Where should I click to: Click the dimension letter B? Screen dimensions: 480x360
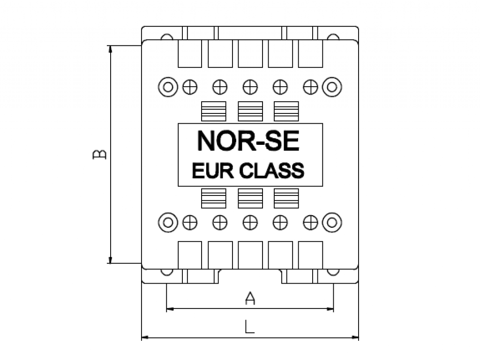tap(99, 154)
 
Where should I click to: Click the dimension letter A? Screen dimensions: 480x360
tap(250, 298)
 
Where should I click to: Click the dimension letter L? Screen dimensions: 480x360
tap(249, 327)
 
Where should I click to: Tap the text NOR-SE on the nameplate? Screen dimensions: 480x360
tap(248, 141)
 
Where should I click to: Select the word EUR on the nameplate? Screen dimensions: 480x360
tap(213, 171)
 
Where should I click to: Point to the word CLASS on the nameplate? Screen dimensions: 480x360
tap(271, 171)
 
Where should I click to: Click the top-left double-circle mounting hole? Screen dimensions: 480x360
tap(168, 87)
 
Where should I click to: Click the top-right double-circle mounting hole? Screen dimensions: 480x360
tap(332, 87)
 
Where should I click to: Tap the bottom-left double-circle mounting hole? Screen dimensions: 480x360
tap(168, 223)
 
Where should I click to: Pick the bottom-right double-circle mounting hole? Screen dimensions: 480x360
tap(332, 223)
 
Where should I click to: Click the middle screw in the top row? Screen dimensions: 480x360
tap(250, 87)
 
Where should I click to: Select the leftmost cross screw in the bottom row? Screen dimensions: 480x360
tap(190, 223)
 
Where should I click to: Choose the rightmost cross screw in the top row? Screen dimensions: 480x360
tap(310, 87)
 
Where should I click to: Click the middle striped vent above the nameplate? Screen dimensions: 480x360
tap(250, 111)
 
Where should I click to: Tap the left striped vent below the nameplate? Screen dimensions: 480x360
tap(214, 198)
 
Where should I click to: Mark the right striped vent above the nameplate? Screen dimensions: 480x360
tap(286, 111)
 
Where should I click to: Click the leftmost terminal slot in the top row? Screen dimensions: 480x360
tap(190, 53)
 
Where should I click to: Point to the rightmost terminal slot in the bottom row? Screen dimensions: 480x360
tap(310, 255)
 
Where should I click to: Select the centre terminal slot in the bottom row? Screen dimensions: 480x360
tap(250, 255)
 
